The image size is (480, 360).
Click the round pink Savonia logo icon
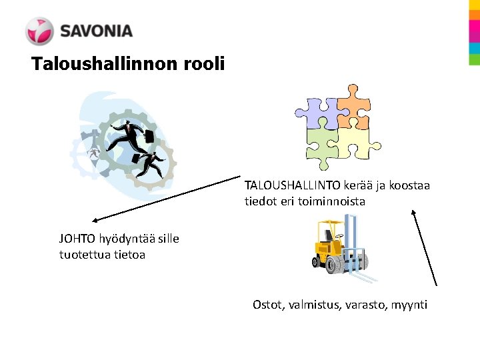tap(39, 31)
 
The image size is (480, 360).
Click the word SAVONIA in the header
tap(96, 31)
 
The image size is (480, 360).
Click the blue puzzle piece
tap(316, 111)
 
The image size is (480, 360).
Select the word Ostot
tap(267, 305)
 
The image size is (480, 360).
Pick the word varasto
tap(369, 305)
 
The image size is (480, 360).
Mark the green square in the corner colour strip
tap(474, 59)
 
